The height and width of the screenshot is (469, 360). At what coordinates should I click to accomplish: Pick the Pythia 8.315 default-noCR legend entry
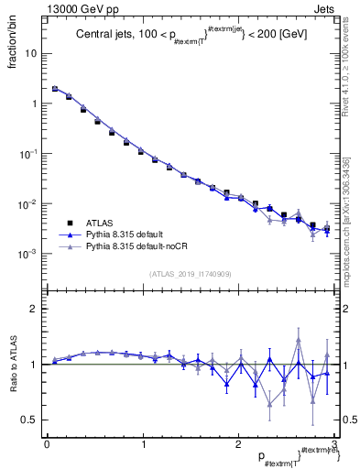[x=129, y=246]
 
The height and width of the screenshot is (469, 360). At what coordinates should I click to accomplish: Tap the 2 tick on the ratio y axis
[x=34, y=309]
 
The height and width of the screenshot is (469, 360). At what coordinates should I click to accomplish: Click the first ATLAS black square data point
[x=55, y=89]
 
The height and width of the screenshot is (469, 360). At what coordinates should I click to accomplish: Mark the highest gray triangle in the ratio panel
[x=299, y=341]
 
